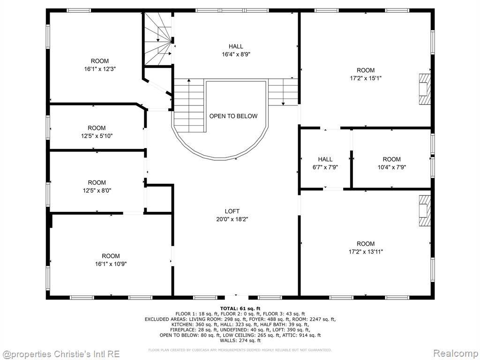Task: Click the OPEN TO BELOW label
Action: (x=233, y=116)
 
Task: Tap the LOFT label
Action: (x=232, y=211)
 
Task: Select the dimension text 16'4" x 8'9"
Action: (x=236, y=54)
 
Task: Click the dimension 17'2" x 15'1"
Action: (x=366, y=78)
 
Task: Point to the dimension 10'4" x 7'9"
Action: (x=391, y=167)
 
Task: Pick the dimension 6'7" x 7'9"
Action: (x=325, y=167)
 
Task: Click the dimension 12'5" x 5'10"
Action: (x=97, y=136)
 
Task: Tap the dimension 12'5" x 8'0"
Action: (x=97, y=190)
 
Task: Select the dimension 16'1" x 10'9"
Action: (x=111, y=264)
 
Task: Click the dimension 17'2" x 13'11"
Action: (x=366, y=252)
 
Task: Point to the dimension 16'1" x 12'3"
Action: (x=100, y=69)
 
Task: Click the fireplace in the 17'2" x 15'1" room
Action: (x=424, y=89)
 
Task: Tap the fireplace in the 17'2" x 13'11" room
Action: (x=424, y=211)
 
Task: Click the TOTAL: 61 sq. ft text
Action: (x=240, y=308)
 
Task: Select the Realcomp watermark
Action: (x=456, y=354)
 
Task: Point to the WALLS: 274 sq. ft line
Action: (x=240, y=340)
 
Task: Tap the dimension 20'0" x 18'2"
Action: (x=232, y=219)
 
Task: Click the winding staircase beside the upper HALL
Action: (x=158, y=39)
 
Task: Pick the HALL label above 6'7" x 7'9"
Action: (x=325, y=159)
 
